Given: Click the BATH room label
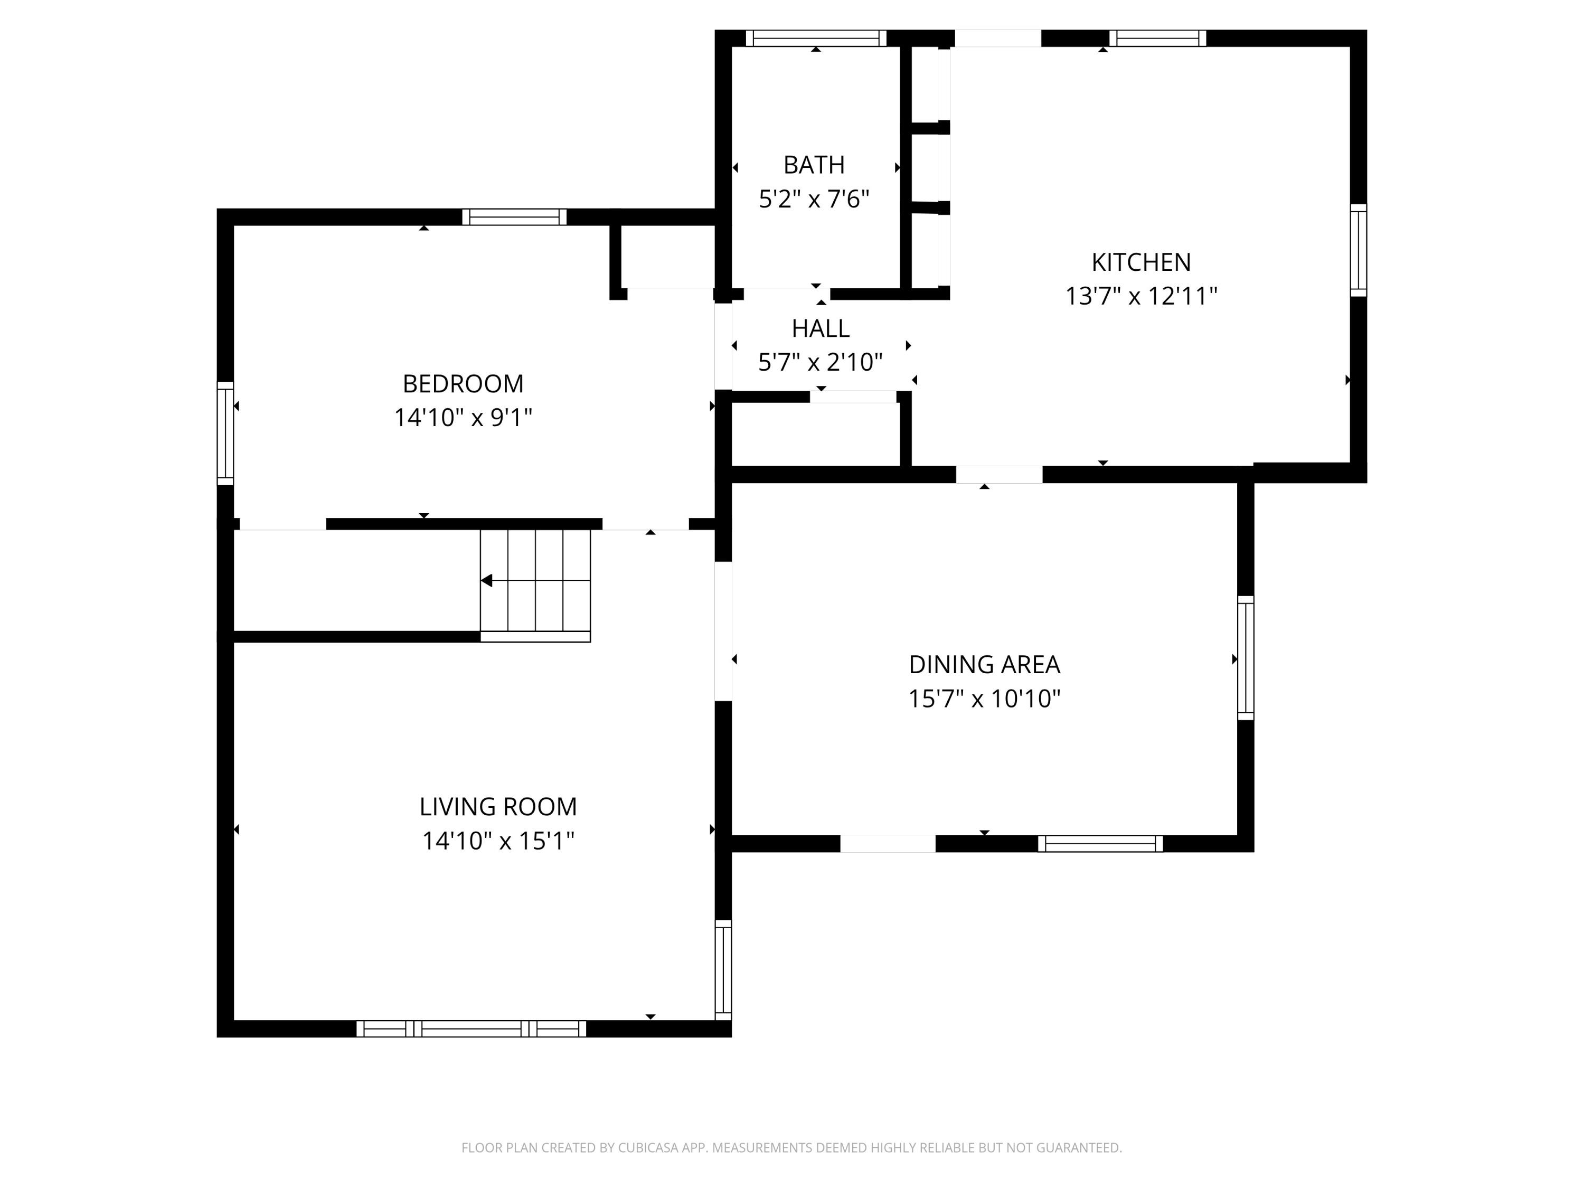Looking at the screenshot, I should coord(814,165).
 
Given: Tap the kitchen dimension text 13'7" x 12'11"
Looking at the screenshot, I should coord(1140,296).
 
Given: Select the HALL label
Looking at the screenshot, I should coord(820,328).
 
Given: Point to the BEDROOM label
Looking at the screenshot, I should coord(463,384).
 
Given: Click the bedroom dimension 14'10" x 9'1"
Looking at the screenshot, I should coord(463,418).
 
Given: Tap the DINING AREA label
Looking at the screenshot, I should coord(984,665).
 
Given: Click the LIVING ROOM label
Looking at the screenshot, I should coord(498,806).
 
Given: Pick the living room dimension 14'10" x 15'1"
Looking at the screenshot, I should coord(498,840).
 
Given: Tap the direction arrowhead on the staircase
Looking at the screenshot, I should coord(487,581).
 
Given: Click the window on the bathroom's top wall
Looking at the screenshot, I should coord(816,39).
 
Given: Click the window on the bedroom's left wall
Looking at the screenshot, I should coord(225,433).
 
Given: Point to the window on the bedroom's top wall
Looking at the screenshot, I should coord(514,217).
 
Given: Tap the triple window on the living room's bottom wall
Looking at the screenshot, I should coord(471,1029).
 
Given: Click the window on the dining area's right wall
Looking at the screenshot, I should coord(1246,658).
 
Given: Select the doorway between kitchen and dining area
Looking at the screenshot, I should coord(999,474).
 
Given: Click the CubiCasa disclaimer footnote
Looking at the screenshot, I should coord(791,1148).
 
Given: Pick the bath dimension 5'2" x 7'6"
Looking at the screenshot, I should coord(814,199).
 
